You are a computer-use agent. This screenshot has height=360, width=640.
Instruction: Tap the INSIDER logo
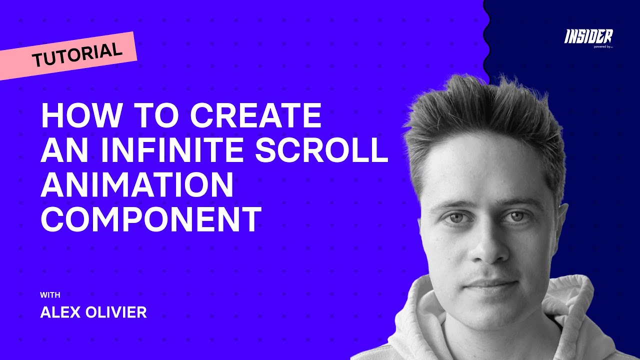click(x=588, y=36)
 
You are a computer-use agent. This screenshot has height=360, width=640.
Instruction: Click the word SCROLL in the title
click(x=321, y=150)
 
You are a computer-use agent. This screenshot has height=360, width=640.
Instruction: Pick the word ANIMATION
click(x=137, y=185)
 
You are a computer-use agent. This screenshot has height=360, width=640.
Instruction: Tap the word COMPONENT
click(x=151, y=219)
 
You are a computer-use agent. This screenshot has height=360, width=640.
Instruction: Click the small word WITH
click(x=50, y=295)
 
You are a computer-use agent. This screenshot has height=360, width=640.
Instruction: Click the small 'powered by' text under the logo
click(x=603, y=46)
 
